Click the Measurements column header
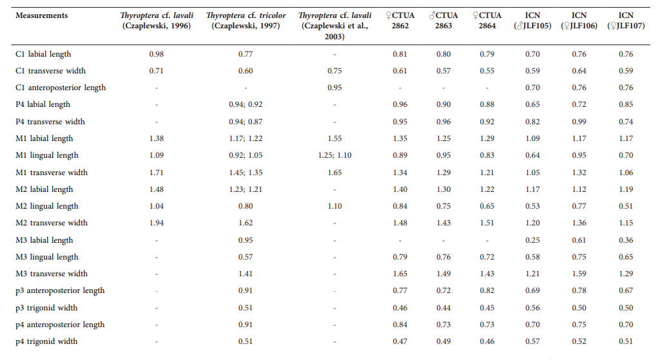tap(41, 15)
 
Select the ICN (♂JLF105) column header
tap(532, 21)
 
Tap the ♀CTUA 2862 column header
tap(400, 21)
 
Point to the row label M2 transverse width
tap(52, 223)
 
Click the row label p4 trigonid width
tap(46, 341)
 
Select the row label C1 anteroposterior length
tap(61, 88)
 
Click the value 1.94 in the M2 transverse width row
tap(157, 223)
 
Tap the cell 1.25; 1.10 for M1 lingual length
tap(334, 155)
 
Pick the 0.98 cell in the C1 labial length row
tap(157, 54)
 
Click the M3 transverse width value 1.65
tap(400, 274)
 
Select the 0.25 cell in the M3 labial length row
tap(532, 240)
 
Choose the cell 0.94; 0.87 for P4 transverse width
tap(245, 122)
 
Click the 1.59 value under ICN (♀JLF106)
tap(579, 274)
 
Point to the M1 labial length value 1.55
tap(334, 138)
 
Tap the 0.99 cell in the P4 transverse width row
tap(579, 122)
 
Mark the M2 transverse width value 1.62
tap(245, 223)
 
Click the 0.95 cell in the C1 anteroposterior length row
tap(334, 88)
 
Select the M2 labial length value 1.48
tap(157, 189)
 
